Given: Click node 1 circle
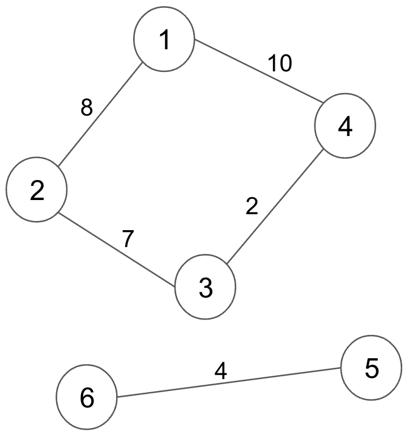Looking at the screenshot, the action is (x=164, y=39).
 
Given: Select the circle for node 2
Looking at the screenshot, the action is (x=37, y=189).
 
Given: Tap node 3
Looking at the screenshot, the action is (x=206, y=287).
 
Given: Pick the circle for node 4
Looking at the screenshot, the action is (x=345, y=126).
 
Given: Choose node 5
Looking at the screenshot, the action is (x=371, y=368).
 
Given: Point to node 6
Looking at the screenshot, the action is (x=87, y=397).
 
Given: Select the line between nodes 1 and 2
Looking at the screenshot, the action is (x=100, y=114).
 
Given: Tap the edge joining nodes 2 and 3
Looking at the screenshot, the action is (x=117, y=250).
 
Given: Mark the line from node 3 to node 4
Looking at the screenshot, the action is (x=275, y=207).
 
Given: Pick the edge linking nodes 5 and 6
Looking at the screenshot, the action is (x=229, y=382).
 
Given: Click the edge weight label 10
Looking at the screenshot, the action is (x=280, y=63).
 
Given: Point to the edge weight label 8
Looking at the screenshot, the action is (x=87, y=107).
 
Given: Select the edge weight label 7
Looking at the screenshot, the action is (x=127, y=239).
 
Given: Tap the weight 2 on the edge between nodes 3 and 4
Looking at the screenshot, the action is (x=252, y=206).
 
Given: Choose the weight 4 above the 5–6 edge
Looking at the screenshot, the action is (x=221, y=371).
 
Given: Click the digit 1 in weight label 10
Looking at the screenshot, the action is (x=273, y=63).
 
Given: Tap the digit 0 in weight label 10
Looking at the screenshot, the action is (x=286, y=63).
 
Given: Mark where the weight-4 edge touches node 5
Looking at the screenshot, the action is (x=341, y=368).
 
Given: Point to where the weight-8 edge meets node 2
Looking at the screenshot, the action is (x=58, y=166).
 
